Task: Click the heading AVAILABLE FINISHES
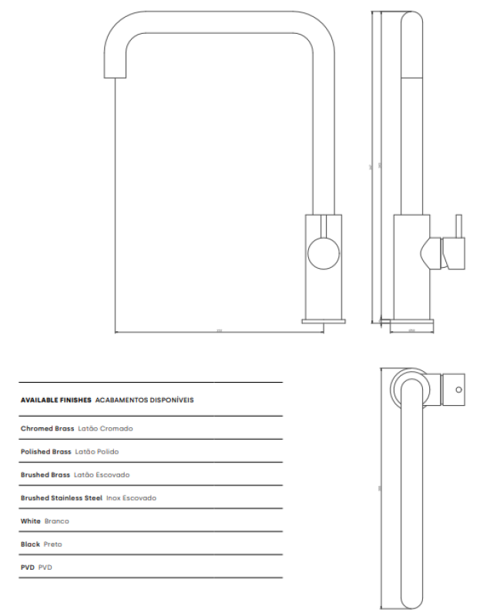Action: coord(56,400)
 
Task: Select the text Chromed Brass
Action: coord(48,428)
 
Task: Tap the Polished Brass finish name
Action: coord(46,451)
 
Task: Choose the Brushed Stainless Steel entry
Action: coord(61,498)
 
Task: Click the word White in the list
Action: coord(30,521)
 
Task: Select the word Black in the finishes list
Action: coord(30,544)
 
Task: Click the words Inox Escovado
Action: coord(131,498)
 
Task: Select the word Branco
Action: coord(56,521)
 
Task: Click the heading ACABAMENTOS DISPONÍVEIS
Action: coord(145,400)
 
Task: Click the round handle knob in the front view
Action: coord(322,253)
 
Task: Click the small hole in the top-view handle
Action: coord(459,390)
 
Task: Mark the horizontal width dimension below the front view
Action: coord(219,332)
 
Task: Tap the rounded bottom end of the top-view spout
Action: coord(412,601)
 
